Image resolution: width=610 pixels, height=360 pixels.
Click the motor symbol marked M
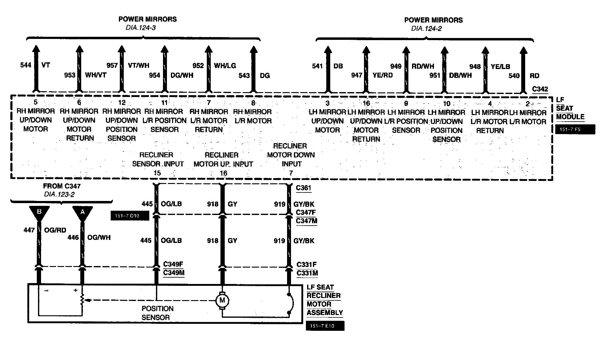(222, 301)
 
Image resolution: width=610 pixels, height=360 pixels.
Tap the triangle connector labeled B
(39, 212)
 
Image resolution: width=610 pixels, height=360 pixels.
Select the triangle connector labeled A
(82, 212)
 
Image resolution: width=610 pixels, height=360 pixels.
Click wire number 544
(26, 65)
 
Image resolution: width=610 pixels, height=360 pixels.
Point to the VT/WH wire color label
(139, 65)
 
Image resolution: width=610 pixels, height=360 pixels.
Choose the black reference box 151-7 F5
(575, 129)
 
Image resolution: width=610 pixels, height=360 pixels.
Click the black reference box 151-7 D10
(130, 216)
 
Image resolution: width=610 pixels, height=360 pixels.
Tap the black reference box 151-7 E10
(325, 326)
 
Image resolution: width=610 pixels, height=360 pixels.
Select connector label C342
(540, 89)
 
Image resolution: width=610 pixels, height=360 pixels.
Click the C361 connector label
(303, 188)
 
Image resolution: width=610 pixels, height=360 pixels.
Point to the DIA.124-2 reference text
(426, 29)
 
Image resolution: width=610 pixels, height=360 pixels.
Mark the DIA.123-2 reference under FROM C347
(59, 194)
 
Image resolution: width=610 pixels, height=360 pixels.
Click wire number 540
(514, 76)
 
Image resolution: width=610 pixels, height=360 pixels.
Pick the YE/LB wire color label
(500, 67)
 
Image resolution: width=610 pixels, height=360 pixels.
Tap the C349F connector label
(173, 264)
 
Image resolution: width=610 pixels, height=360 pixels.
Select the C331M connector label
(307, 273)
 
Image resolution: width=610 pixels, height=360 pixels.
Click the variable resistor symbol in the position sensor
(82, 300)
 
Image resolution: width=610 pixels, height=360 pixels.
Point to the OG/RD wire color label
(55, 230)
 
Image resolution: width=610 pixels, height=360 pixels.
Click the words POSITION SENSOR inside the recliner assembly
(157, 313)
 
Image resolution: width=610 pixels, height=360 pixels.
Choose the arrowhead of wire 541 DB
(328, 50)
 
